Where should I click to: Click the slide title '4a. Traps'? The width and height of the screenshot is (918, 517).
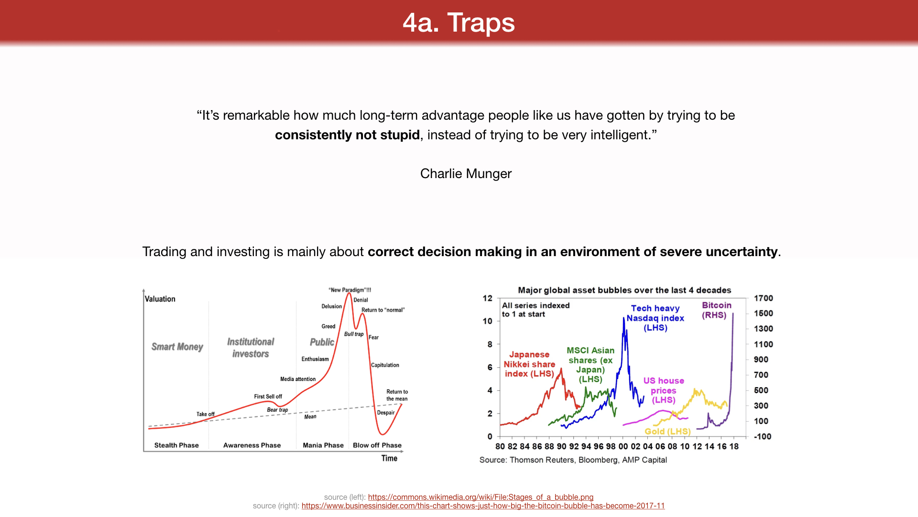click(x=459, y=22)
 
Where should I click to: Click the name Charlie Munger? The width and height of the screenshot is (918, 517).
click(x=466, y=173)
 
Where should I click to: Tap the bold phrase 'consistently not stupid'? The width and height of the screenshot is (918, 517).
click(x=347, y=135)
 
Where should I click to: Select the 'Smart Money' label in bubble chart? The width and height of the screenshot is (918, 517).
click(x=177, y=347)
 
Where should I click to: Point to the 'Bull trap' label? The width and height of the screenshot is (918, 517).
click(x=354, y=334)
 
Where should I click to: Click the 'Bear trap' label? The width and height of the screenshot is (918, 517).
click(x=277, y=410)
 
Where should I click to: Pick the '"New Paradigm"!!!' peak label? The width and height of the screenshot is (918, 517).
click(x=350, y=290)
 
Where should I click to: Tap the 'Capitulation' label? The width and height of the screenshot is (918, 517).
click(x=385, y=365)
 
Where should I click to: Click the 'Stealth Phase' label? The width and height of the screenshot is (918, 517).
click(x=176, y=445)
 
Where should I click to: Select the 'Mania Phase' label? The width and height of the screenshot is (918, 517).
click(x=323, y=445)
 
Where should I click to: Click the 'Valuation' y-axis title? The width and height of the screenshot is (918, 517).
click(x=160, y=299)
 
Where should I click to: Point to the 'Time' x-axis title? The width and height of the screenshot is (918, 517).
click(x=389, y=458)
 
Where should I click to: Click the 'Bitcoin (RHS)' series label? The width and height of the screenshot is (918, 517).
click(x=716, y=310)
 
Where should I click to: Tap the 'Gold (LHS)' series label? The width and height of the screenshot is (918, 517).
click(x=667, y=431)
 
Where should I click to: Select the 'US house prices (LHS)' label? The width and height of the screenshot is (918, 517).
click(x=664, y=390)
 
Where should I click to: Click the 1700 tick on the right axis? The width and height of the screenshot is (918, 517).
click(x=763, y=298)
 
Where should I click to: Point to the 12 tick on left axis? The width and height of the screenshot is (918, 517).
click(x=487, y=298)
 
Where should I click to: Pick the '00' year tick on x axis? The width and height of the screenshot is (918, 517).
click(x=623, y=446)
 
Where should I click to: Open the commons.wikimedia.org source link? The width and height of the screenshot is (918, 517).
click(x=481, y=497)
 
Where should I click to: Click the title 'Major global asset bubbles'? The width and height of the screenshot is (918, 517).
click(x=624, y=290)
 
